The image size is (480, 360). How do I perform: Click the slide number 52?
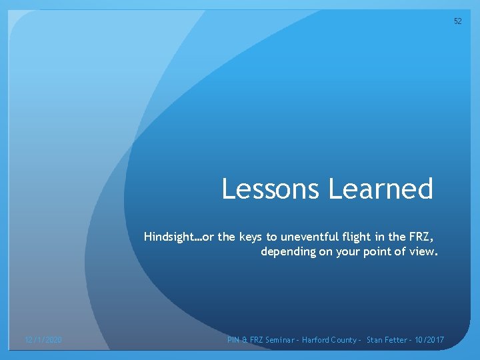tap(457, 21)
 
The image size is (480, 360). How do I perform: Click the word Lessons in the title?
tap(271, 189)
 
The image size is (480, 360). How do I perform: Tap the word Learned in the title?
tap(380, 189)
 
